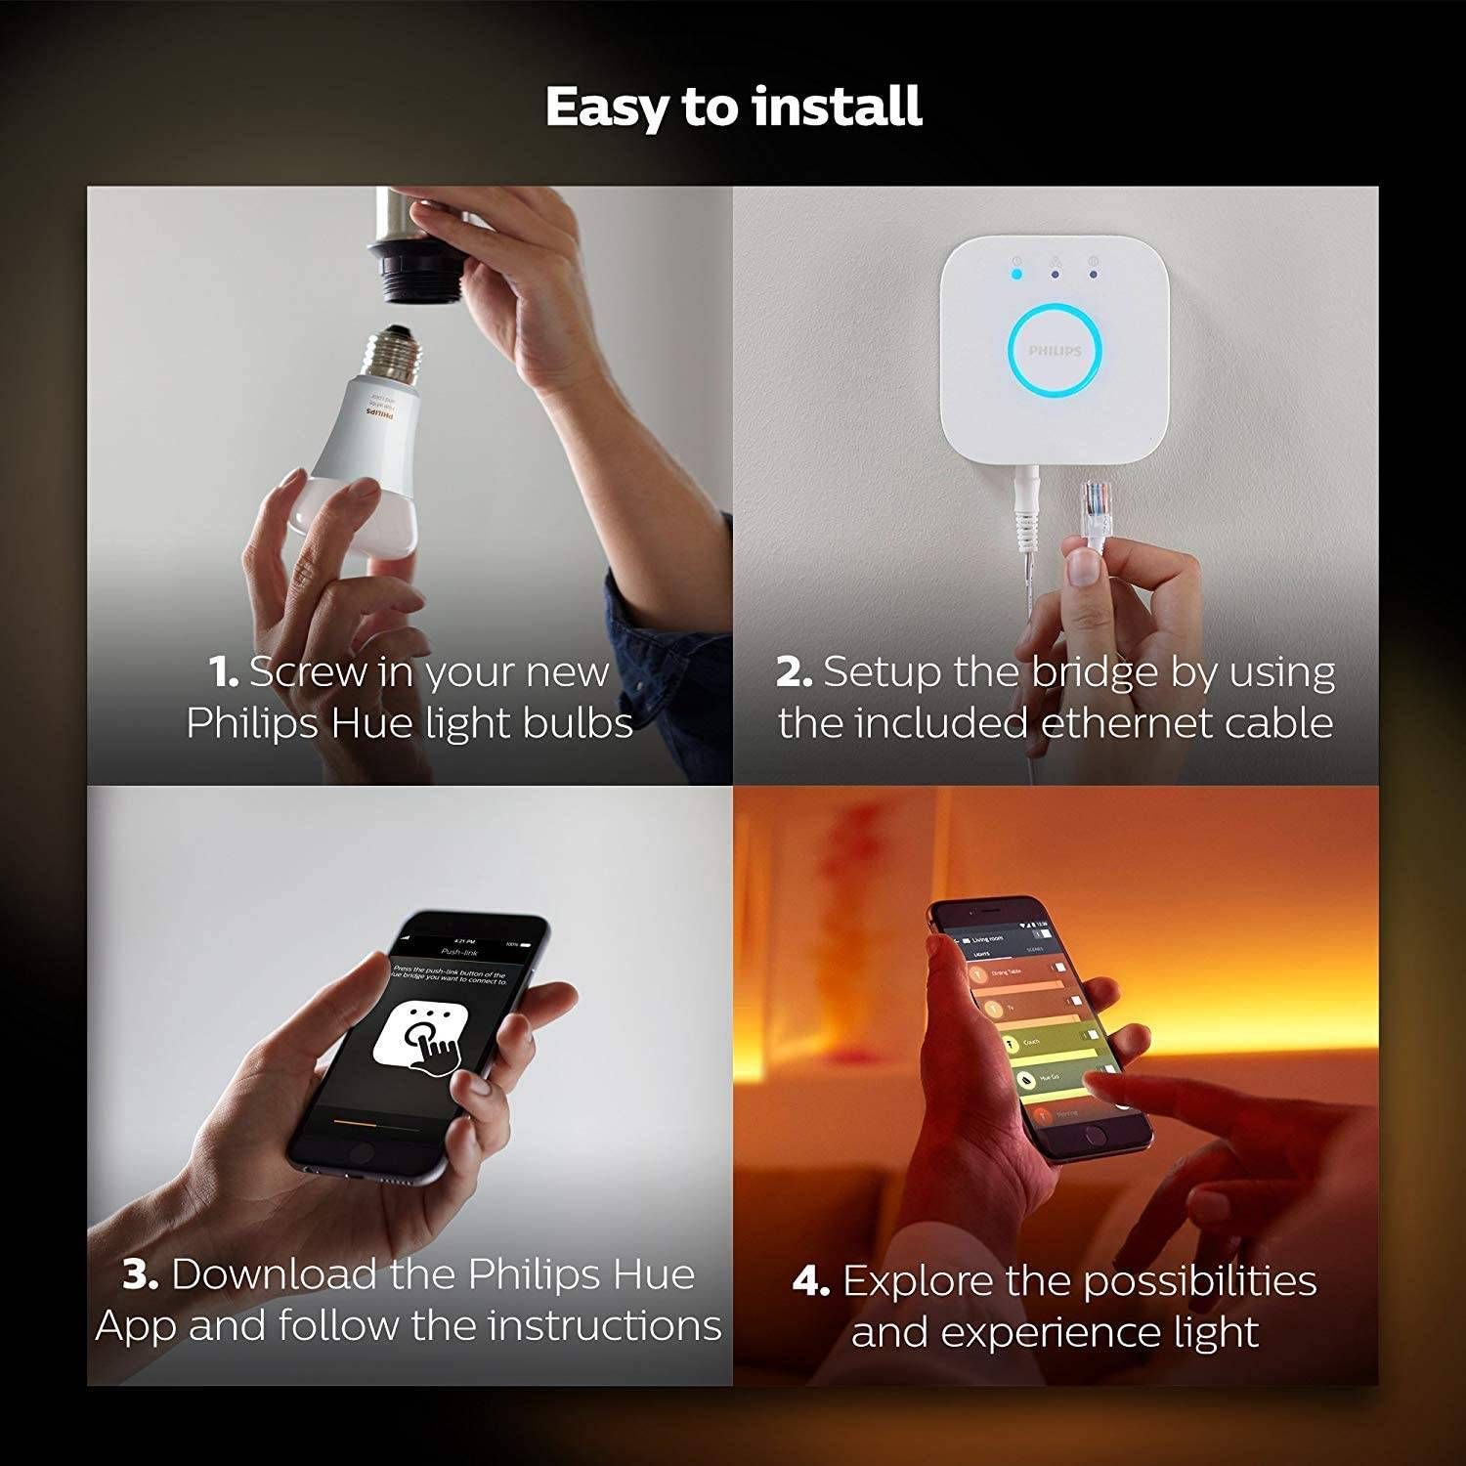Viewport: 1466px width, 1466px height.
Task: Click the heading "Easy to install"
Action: pyautogui.click(x=733, y=107)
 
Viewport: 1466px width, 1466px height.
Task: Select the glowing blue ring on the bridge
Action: pyautogui.click(x=1055, y=349)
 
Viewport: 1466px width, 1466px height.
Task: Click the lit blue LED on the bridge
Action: pyautogui.click(x=1017, y=275)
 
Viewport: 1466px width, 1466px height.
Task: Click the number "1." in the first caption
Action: pyautogui.click(x=224, y=672)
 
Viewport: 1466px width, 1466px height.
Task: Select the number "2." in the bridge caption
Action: pyautogui.click(x=794, y=672)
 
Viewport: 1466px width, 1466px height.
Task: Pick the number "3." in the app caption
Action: pyautogui.click(x=141, y=1274)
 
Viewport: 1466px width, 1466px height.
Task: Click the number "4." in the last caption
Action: pyautogui.click(x=811, y=1281)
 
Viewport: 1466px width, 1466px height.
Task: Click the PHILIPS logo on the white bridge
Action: pyautogui.click(x=1055, y=350)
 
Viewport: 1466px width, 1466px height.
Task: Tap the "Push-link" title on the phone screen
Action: pyautogui.click(x=458, y=951)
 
